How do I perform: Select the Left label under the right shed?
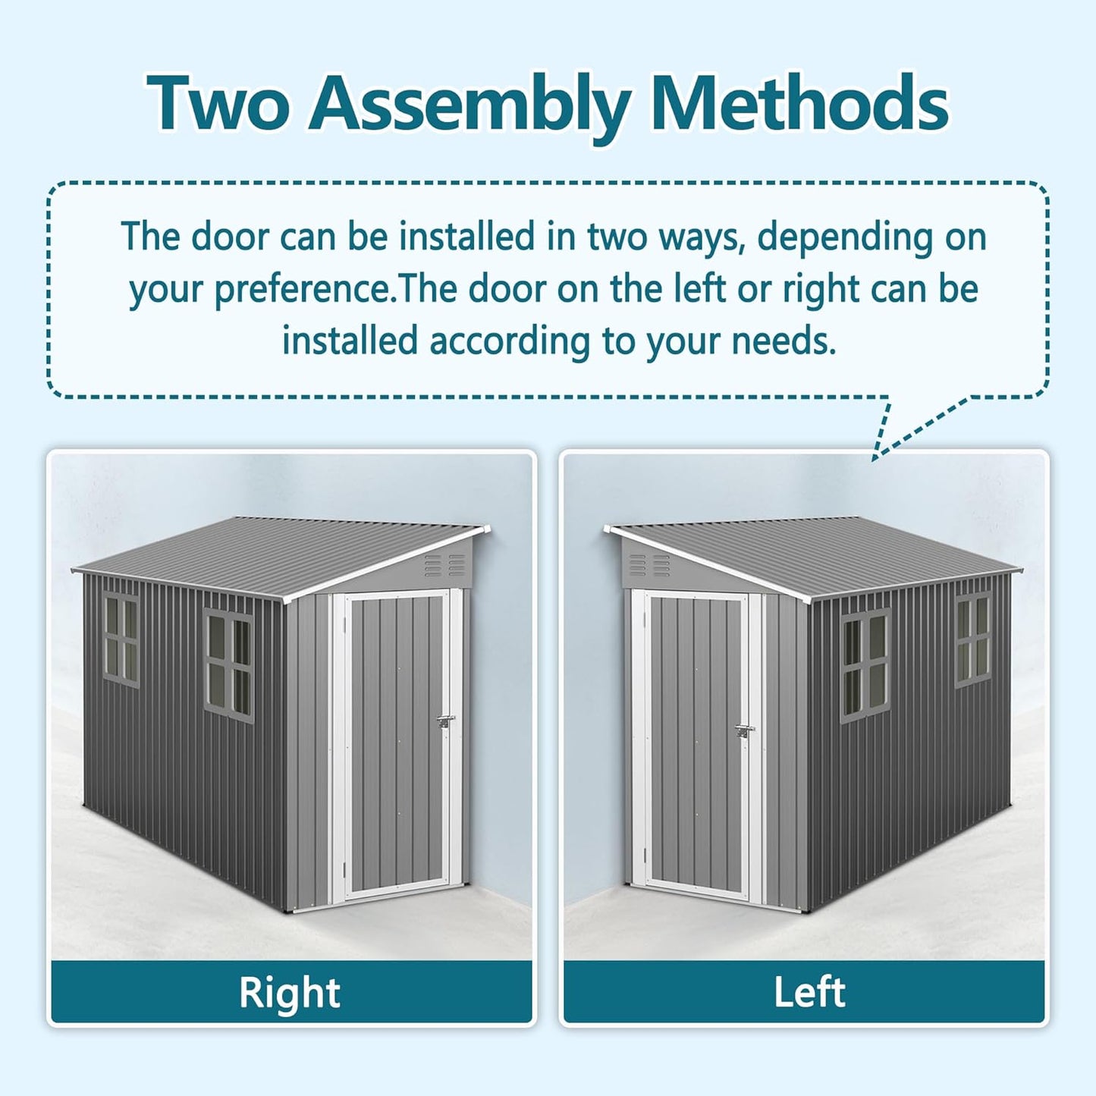[809, 992]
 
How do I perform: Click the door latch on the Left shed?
[745, 731]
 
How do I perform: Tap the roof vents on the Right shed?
[444, 564]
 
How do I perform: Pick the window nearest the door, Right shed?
[229, 665]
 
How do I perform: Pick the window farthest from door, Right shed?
[121, 639]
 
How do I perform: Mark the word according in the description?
[510, 341]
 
